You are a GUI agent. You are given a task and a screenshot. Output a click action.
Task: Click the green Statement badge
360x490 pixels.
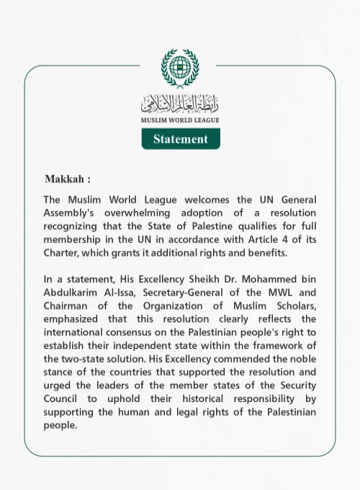coord(180,139)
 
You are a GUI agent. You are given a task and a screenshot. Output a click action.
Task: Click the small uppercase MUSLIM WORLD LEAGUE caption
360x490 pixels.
coord(180,120)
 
